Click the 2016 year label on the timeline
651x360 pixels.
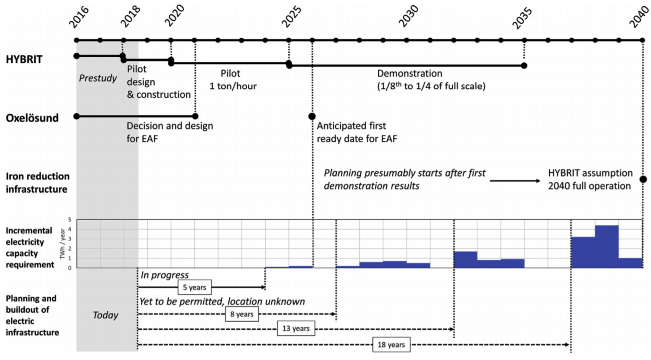tap(82, 20)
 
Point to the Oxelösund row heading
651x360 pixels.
tap(32, 118)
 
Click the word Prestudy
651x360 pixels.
tap(97, 78)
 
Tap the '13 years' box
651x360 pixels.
tap(295, 329)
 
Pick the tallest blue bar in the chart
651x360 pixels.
tap(607, 246)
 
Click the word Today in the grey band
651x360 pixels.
tap(106, 315)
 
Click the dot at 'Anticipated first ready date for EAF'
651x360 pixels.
tap(312, 116)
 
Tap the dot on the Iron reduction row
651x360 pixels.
tap(644, 179)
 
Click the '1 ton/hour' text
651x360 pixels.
tap(233, 86)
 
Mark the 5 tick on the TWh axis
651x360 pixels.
tap(69, 219)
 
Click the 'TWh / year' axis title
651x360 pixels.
tap(62, 244)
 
